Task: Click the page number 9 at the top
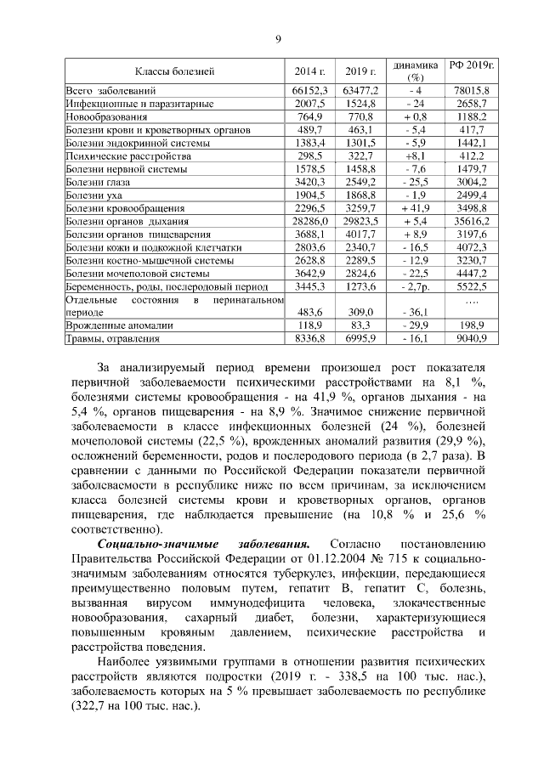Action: click(277, 37)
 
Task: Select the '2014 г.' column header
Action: click(310, 71)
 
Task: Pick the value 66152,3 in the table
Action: click(310, 90)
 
